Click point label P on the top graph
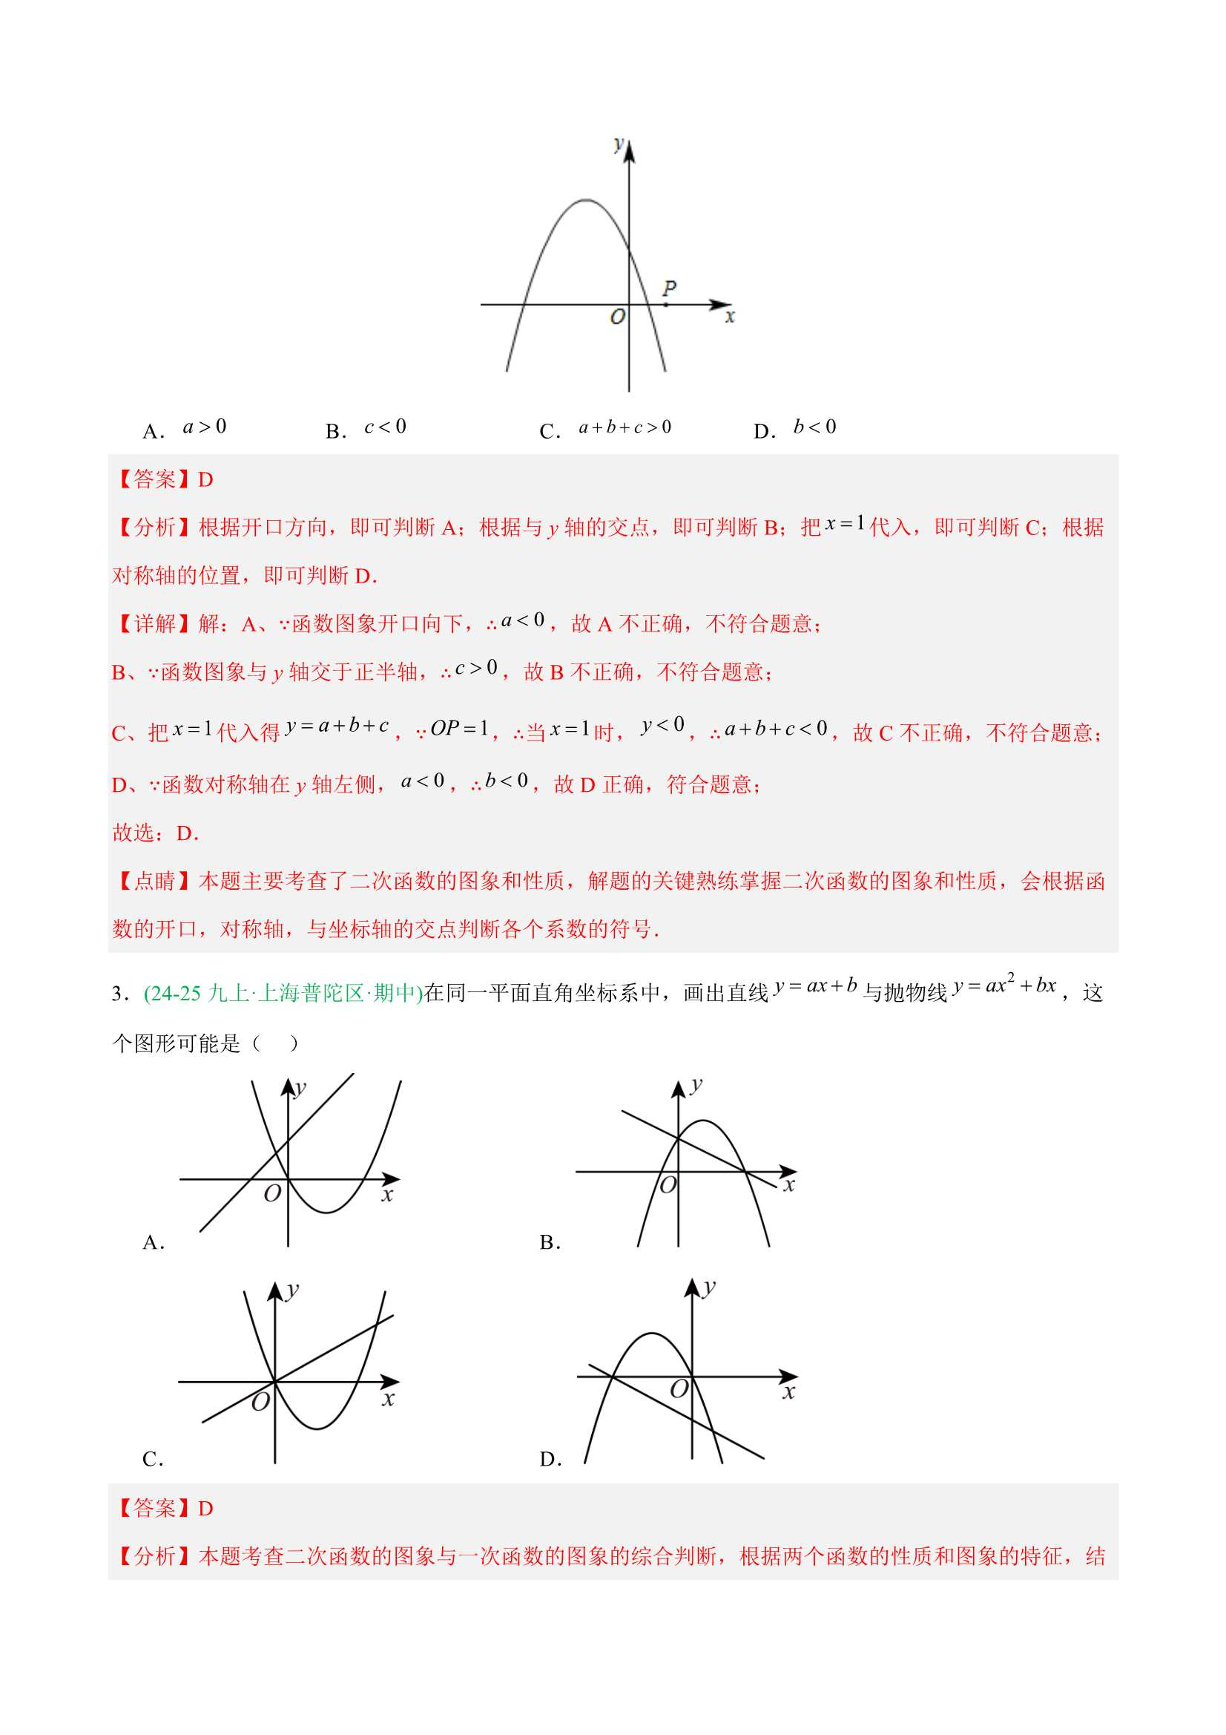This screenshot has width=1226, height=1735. (669, 288)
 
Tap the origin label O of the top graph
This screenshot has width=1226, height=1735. (617, 317)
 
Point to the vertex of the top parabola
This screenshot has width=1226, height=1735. (586, 200)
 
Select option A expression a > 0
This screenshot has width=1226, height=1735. (205, 427)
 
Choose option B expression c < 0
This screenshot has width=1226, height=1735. (385, 427)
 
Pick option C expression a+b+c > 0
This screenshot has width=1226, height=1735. (624, 428)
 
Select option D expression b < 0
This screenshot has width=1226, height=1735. (814, 427)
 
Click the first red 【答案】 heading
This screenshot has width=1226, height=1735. (154, 479)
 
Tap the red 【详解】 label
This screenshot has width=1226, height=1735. (154, 623)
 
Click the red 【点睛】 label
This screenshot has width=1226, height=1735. (154, 881)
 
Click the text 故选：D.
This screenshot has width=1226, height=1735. (155, 833)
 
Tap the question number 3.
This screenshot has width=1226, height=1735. (118, 993)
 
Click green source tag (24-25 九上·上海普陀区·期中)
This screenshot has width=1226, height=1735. (283, 993)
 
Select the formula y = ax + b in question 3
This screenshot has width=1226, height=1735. (815, 986)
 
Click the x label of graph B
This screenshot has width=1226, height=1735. (788, 1185)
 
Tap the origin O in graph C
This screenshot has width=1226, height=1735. (260, 1403)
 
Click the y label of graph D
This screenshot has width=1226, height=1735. (708, 1287)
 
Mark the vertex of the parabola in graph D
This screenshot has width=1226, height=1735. (652, 1334)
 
